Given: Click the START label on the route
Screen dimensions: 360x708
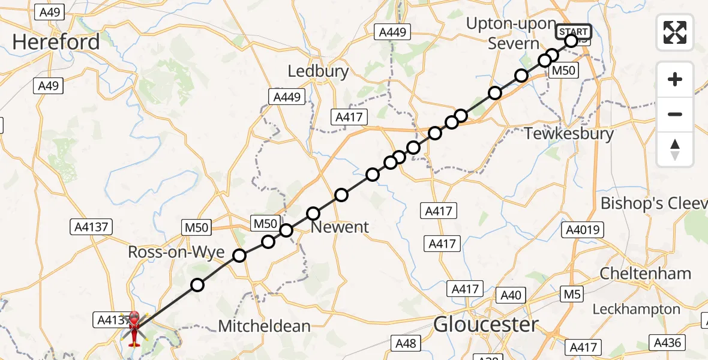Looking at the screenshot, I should pyautogui.click(x=574, y=32).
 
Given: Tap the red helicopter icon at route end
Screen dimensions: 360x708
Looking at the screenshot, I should pyautogui.click(x=134, y=328).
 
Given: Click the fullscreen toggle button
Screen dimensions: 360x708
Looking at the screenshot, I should pyautogui.click(x=675, y=32).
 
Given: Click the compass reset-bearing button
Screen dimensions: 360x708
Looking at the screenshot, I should pyautogui.click(x=675, y=149).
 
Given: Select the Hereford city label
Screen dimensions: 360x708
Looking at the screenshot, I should pyautogui.click(x=56, y=42).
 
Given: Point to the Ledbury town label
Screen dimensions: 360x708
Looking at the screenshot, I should pyautogui.click(x=318, y=71).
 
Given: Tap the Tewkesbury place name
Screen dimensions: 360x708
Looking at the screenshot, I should pyautogui.click(x=569, y=133).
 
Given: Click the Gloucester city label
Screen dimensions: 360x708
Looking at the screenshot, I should pyautogui.click(x=486, y=325).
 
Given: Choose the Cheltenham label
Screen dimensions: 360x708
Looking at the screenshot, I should pyautogui.click(x=646, y=274).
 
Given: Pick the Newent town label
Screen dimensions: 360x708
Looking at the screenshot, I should pyautogui.click(x=340, y=227).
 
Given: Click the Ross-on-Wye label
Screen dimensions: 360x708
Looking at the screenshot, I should pyautogui.click(x=176, y=253).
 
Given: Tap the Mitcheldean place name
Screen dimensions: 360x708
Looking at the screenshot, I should pyautogui.click(x=265, y=326).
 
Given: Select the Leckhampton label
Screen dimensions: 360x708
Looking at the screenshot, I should pyautogui.click(x=636, y=309).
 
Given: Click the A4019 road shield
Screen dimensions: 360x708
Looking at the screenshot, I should pyautogui.click(x=583, y=230).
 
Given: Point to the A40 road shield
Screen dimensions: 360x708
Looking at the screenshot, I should pyautogui.click(x=511, y=295).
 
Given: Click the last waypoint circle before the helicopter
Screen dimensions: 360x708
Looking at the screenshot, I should pyautogui.click(x=197, y=285).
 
